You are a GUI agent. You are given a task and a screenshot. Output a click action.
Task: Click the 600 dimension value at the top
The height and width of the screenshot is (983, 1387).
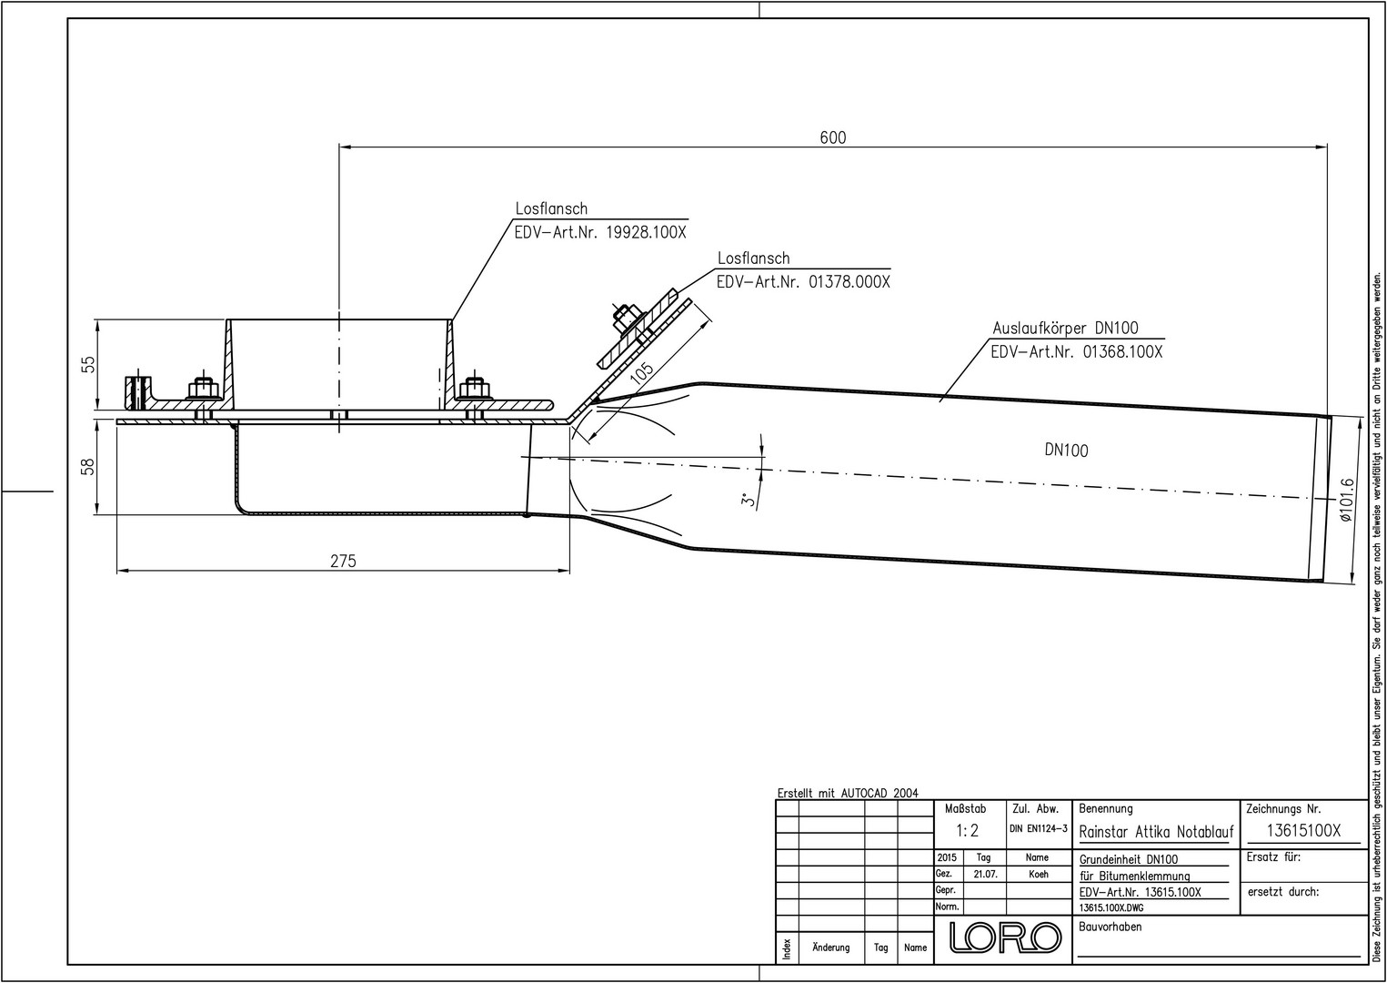click(832, 137)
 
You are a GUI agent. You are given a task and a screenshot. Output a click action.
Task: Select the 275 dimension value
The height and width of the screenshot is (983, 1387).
click(343, 562)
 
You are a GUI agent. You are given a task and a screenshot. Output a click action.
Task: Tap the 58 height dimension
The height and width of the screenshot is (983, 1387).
click(88, 466)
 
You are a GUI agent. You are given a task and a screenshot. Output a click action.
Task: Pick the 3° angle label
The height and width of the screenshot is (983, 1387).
click(746, 500)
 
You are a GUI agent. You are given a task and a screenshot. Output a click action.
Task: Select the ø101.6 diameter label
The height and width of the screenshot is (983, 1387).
click(1347, 500)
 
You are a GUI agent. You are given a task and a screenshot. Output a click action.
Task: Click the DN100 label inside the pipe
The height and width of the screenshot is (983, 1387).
click(1066, 450)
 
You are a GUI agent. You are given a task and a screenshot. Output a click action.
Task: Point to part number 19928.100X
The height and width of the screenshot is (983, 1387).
click(646, 232)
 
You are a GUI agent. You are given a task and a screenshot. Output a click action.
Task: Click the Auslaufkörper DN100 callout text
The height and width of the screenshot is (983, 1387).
click(1064, 329)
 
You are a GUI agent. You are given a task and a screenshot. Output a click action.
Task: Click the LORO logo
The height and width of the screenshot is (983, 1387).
click(1004, 937)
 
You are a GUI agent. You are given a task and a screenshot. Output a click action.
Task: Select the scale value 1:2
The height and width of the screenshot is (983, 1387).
click(967, 831)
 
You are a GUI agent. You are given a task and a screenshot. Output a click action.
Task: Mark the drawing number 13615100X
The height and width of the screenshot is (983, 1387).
click(1303, 831)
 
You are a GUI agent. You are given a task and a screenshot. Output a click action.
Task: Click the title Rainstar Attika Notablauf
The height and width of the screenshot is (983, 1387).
click(1156, 832)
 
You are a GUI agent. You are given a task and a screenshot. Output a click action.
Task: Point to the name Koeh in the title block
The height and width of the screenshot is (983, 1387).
click(1038, 874)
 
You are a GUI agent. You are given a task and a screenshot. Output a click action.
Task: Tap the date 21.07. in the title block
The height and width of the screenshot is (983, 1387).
click(985, 874)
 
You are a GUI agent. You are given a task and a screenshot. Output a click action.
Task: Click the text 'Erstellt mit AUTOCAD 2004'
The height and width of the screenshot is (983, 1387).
click(848, 793)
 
